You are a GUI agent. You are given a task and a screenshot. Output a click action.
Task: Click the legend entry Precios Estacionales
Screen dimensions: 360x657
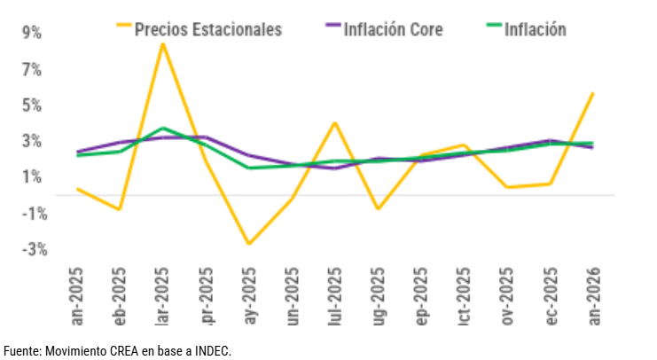207,29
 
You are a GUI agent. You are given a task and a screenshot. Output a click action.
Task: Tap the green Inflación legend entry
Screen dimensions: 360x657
535,29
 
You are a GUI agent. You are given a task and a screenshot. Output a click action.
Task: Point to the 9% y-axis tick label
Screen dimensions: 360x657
32,33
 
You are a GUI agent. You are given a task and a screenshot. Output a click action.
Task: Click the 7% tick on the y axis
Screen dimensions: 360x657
32,69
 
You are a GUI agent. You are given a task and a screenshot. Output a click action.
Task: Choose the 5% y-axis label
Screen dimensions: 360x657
32,105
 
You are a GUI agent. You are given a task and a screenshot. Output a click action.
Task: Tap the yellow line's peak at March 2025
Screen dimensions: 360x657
162,43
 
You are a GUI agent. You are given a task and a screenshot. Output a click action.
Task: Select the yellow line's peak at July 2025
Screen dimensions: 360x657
334,122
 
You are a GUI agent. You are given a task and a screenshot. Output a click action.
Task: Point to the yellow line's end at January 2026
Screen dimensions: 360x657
592,93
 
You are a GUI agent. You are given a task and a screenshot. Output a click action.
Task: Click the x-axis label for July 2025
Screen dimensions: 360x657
334,296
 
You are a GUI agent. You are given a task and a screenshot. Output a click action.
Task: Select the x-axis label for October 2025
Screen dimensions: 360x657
464,296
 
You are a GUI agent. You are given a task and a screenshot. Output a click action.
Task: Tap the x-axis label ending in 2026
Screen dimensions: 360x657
593,296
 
